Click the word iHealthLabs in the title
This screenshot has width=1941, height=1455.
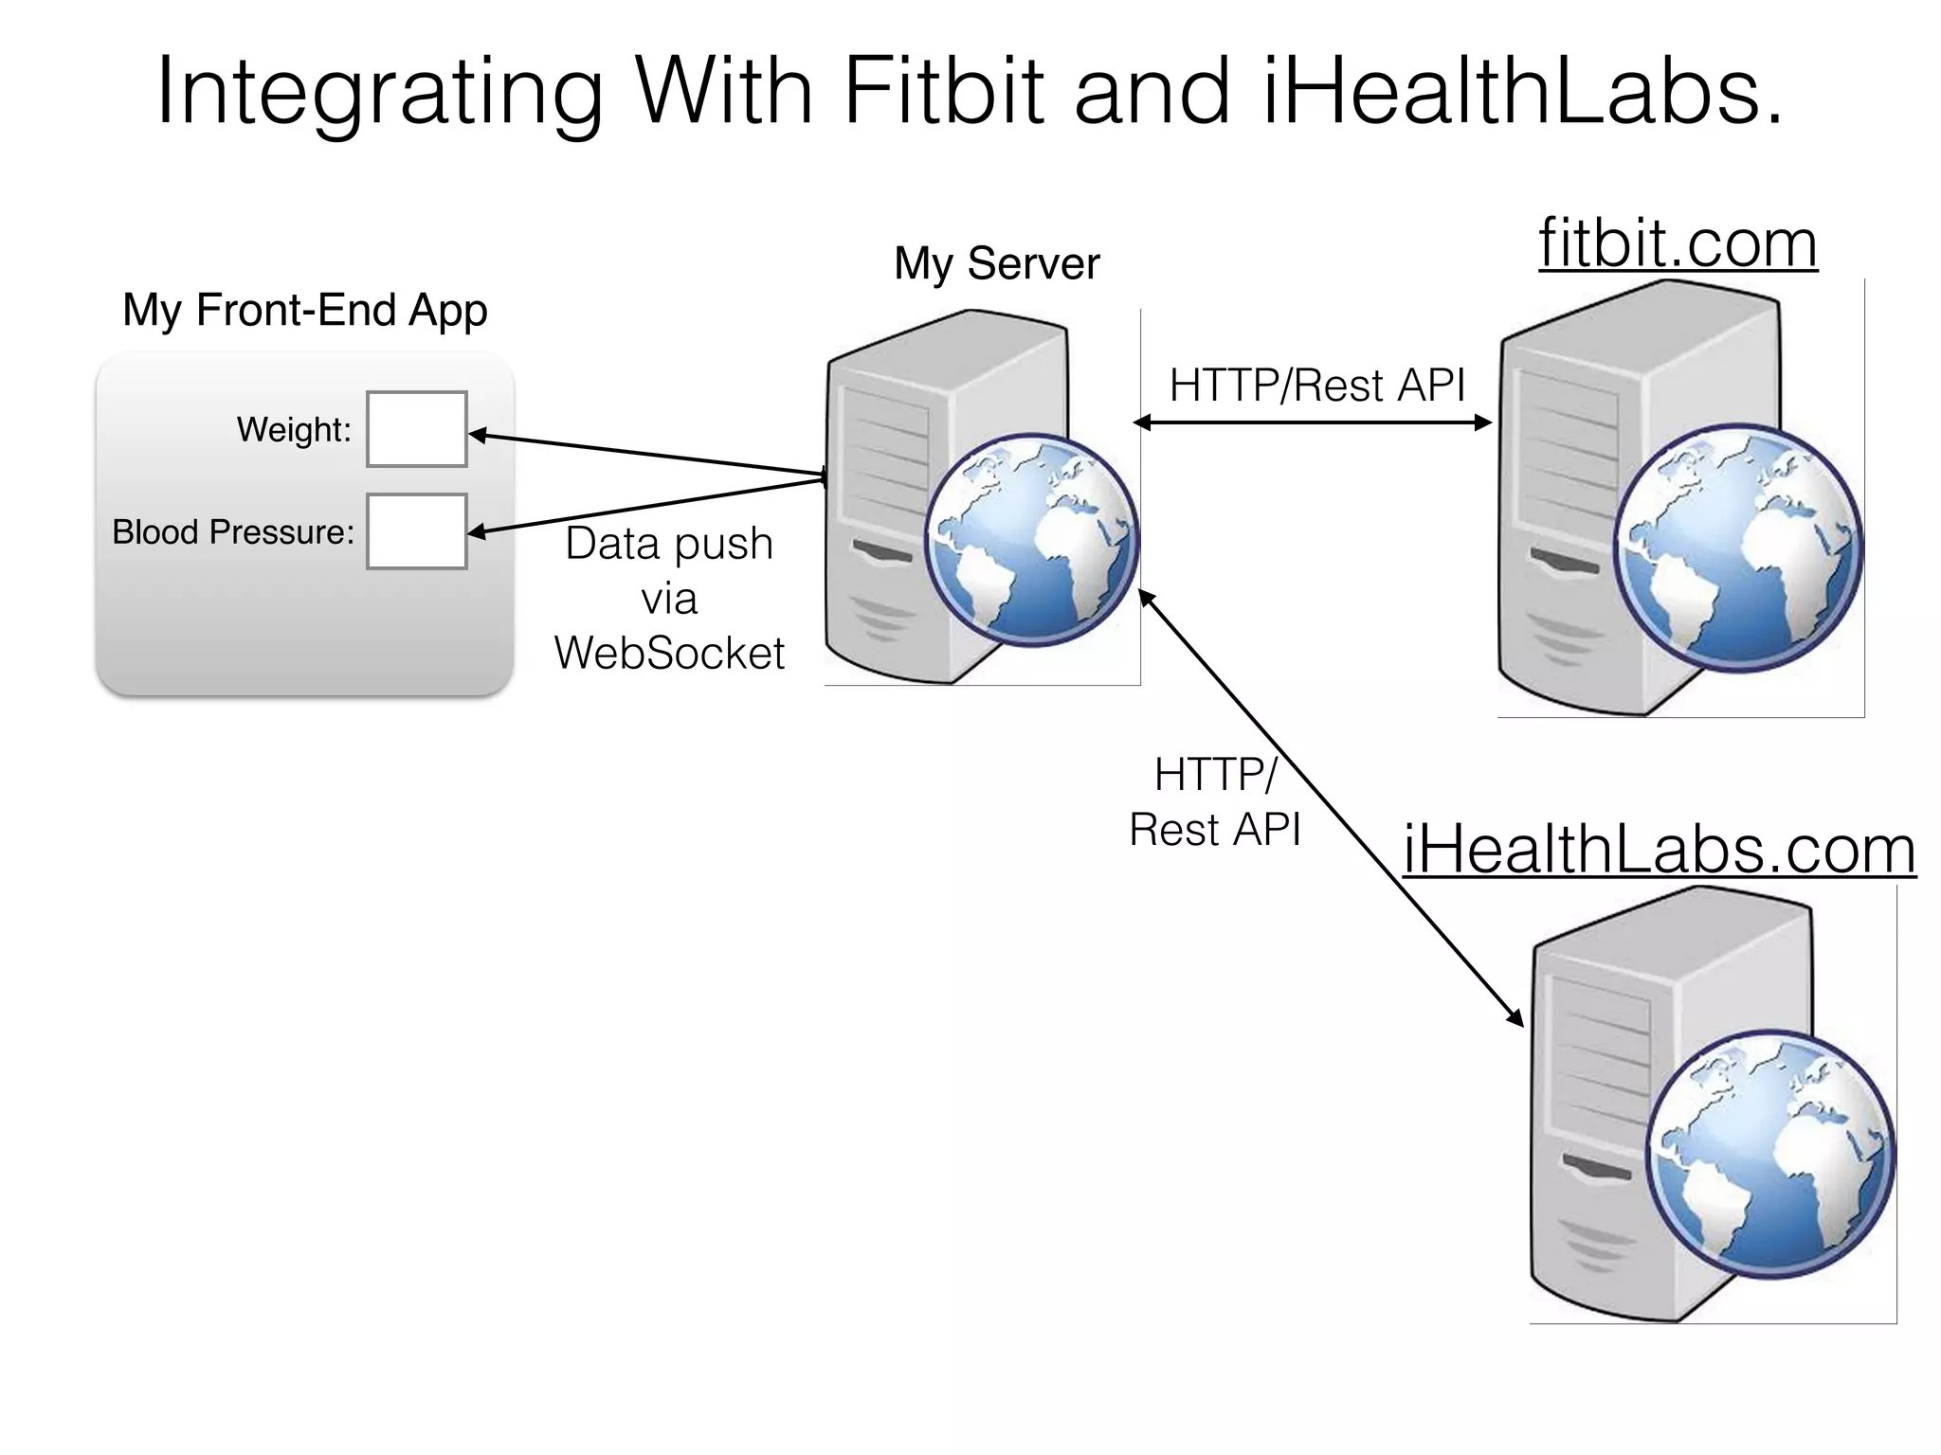1522,91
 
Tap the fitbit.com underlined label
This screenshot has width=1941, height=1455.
1678,243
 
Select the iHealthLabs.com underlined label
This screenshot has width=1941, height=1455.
1659,849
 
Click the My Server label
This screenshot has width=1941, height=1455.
997,263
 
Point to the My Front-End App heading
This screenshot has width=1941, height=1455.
305,310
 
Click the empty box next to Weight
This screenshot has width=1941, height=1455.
417,429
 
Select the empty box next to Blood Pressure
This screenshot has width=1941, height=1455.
417,531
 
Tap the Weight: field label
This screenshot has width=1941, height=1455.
294,430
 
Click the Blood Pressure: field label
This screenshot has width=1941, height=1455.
233,532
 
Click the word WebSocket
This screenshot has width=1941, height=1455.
669,653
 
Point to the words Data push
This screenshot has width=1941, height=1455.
669,544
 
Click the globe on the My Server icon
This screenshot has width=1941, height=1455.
1031,540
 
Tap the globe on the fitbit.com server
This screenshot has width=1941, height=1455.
1737,549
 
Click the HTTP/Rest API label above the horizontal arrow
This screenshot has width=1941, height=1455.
1316,386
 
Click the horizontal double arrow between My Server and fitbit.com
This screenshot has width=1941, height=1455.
1313,422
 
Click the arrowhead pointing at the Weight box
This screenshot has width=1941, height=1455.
479,436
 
